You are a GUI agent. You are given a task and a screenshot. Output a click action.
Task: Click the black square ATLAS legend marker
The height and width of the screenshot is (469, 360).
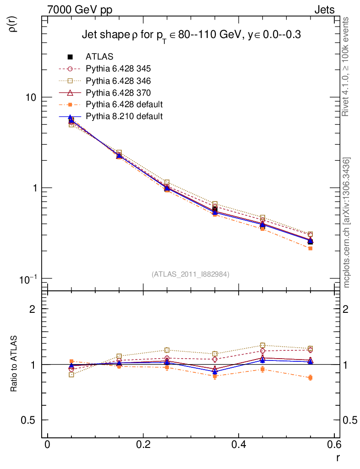tap(70, 57)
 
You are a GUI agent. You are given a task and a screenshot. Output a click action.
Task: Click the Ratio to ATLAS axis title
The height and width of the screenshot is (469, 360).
tap(14, 364)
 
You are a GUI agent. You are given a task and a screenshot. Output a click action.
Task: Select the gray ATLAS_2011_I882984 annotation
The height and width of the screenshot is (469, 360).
tap(191, 274)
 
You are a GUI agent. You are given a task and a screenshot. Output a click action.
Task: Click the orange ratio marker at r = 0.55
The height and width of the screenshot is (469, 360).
tap(311, 378)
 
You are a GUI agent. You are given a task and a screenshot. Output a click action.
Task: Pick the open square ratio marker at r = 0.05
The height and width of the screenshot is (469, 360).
tap(71, 375)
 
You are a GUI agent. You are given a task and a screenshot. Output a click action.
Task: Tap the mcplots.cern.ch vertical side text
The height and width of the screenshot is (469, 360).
tap(347, 223)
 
